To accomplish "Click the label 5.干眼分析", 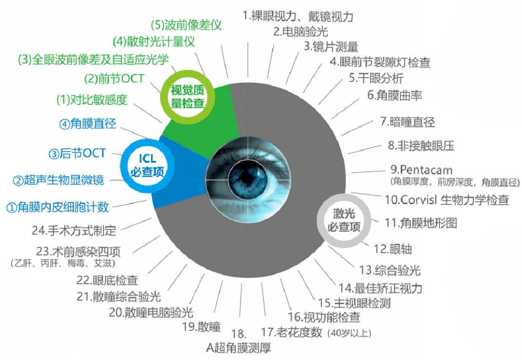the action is point(376,78).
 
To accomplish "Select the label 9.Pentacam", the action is point(422,170).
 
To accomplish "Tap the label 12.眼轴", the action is point(393,249).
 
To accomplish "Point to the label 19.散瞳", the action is point(201,327).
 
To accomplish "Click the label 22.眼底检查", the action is point(107,280).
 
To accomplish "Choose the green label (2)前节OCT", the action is point(114,79).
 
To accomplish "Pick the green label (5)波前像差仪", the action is point(186,25).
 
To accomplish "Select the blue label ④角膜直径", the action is point(88,124).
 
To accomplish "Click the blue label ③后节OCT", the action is point(77,153).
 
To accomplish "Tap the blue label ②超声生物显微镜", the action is point(58,180).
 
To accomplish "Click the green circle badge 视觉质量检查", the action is point(187,97).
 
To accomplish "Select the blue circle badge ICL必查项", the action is point(147,165).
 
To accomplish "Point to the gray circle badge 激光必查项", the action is point(344,220).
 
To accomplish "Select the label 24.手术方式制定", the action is point(74,230).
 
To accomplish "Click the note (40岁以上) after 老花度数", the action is point(350,333).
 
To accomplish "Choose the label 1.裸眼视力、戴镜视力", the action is point(298,16).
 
